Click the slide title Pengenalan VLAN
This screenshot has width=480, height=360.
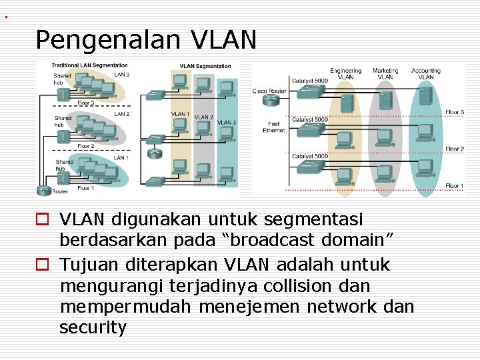click(x=145, y=41)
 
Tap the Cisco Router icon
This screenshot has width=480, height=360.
click(x=271, y=101)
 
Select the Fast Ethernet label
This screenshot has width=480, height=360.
click(x=273, y=127)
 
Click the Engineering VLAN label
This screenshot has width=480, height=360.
click(x=345, y=73)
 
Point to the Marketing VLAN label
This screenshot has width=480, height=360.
click(x=385, y=73)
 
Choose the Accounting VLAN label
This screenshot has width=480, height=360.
click(x=426, y=73)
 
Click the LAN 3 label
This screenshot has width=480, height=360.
click(x=122, y=75)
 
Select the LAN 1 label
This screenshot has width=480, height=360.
click(x=121, y=158)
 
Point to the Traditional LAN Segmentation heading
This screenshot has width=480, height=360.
click(x=80, y=65)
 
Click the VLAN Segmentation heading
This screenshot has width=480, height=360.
click(x=205, y=66)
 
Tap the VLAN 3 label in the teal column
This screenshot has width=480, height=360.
click(x=226, y=123)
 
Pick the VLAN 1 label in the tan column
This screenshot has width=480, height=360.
click(x=180, y=114)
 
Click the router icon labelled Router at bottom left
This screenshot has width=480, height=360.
click(x=44, y=190)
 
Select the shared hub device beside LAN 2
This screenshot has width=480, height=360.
click(x=63, y=137)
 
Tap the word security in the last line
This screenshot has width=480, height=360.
click(x=93, y=328)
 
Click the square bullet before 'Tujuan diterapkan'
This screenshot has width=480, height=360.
click(x=43, y=265)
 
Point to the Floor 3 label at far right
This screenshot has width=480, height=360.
click(x=455, y=112)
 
